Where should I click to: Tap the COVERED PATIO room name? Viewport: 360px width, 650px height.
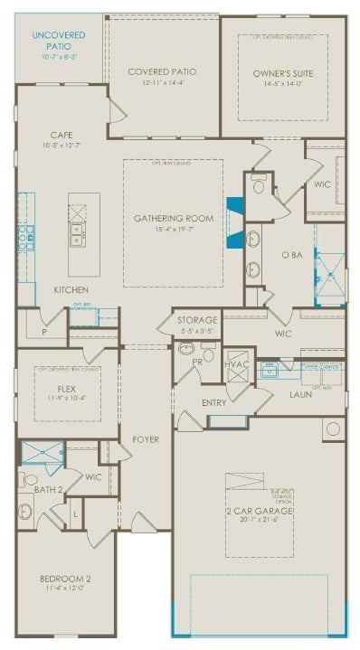point(162,71)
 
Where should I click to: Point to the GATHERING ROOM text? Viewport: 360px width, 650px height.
point(173,219)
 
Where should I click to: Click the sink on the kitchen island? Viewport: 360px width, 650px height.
point(77,238)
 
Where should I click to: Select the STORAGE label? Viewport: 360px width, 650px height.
point(196,320)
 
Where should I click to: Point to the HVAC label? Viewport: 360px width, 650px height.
point(237,363)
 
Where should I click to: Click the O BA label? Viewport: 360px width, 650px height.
point(291,255)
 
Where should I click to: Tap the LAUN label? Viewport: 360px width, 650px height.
point(301,394)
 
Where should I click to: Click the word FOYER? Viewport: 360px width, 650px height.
point(146,440)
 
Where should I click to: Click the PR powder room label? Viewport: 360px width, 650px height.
point(197,361)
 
